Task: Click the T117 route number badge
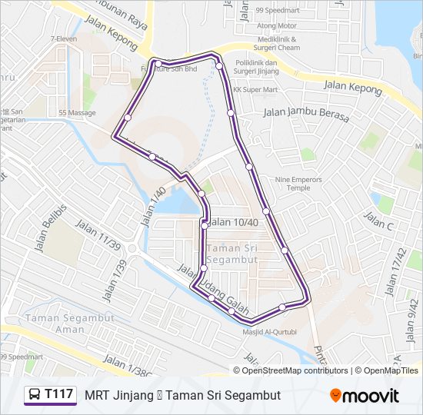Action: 51,395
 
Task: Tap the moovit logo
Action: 365,396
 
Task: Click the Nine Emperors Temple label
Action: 293,183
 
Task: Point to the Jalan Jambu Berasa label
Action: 306,115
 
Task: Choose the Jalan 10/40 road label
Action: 233,222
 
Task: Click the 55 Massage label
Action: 77,113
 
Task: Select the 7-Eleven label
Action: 63,38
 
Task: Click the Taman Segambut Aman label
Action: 55,323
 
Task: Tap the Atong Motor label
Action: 276,25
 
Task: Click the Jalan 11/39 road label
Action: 98,235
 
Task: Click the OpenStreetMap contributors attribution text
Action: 291,370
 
